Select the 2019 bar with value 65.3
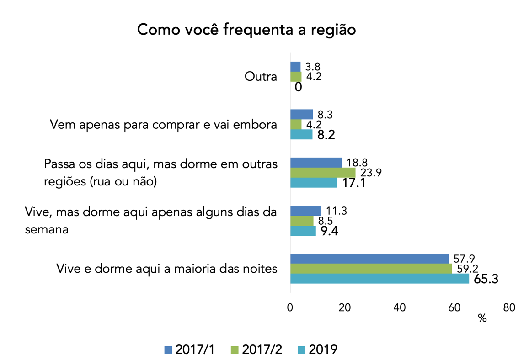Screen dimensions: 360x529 pos(379,279)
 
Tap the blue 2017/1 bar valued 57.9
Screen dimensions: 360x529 pos(369,259)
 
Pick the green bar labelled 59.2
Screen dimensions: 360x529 pos(371,269)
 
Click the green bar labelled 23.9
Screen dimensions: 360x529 pos(323,173)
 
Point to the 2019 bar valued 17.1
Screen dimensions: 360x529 pos(314,183)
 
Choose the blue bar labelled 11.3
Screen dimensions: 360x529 pos(305,211)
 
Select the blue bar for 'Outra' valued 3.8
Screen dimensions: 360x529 pos(295,67)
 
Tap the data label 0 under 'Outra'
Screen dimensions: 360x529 pos(298,87)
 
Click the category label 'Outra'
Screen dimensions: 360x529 pos(261,77)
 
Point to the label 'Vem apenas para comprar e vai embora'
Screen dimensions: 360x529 pos(164,125)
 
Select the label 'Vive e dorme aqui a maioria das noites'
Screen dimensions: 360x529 pos(166,269)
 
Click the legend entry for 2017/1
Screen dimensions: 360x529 pos(189,349)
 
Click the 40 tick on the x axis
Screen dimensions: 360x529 pos(400,308)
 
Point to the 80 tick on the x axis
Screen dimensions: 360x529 pos(509,308)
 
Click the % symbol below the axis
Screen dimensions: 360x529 pos(482,318)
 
